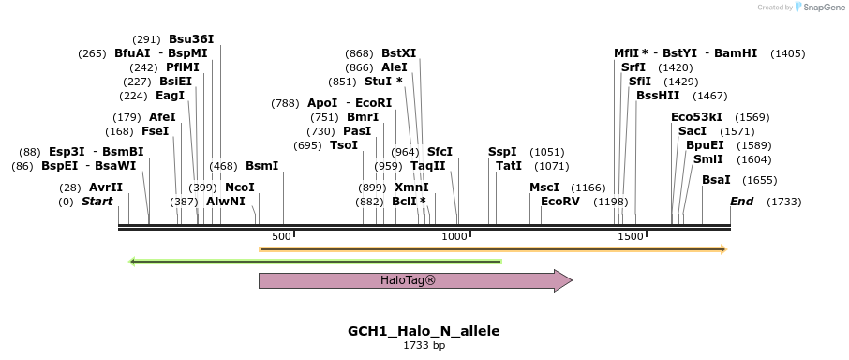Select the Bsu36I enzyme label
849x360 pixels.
coord(191,39)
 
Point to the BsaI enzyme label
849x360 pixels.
coord(716,180)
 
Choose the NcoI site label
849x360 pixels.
coord(239,187)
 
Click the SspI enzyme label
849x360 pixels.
coord(502,152)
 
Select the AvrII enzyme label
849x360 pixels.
coord(106,187)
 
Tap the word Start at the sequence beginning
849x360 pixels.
coord(97,202)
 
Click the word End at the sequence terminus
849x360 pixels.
coord(741,202)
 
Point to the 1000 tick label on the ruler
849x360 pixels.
coord(455,236)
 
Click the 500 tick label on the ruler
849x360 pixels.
coord(281,236)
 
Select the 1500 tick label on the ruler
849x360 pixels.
coord(629,236)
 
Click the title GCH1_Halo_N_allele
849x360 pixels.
coord(424,331)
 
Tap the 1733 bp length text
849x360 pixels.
coord(424,346)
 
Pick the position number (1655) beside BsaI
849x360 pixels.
coord(759,180)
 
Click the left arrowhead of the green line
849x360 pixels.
coord(132,262)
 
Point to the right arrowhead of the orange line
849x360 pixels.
coord(722,249)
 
